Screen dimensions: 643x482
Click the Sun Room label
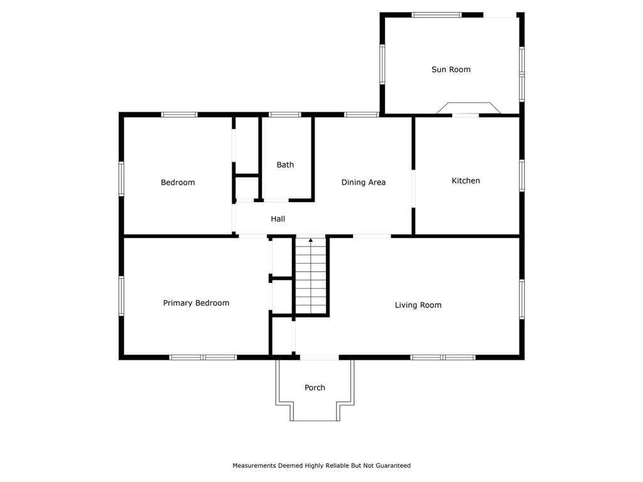pos(451,70)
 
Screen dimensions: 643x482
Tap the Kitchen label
pos(465,181)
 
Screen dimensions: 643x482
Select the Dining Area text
pos(364,183)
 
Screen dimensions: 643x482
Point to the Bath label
pos(285,165)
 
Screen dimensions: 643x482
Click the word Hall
pos(278,219)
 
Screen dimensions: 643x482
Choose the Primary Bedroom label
pos(196,303)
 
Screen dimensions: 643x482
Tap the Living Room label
pos(418,305)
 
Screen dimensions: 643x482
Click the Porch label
pos(315,388)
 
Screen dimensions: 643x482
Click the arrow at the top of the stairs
pos(311,240)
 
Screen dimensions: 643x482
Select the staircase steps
pos(311,276)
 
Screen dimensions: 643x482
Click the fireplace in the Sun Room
pos(468,108)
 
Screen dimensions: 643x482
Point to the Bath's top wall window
pos(285,115)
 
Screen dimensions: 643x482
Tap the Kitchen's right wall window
pos(522,176)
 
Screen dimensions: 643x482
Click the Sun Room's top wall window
pos(437,15)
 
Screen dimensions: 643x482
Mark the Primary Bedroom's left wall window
pos(121,296)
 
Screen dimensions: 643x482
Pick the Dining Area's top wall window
pos(361,115)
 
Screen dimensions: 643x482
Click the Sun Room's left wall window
pos(382,65)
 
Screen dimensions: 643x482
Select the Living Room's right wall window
pos(522,299)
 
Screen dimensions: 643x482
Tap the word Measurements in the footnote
pos(254,466)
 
